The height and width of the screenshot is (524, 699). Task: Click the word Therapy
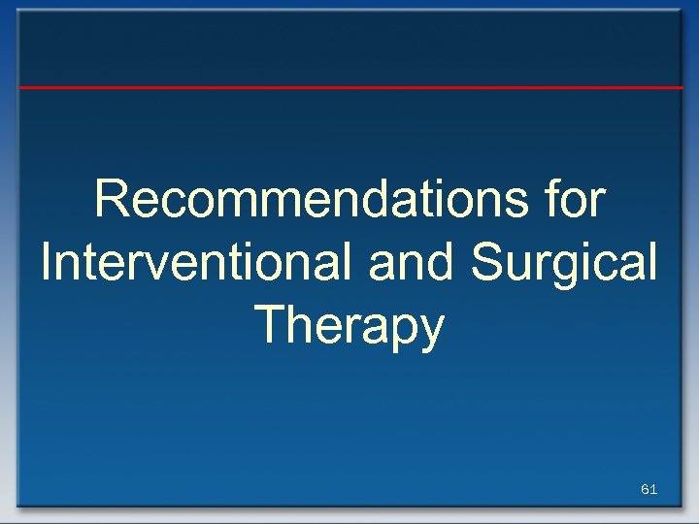click(349, 327)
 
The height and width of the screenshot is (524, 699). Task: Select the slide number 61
click(649, 490)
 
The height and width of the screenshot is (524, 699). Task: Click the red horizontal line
click(349, 87)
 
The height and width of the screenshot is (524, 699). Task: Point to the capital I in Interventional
click(47, 263)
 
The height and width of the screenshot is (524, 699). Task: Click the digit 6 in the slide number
click(646, 490)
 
